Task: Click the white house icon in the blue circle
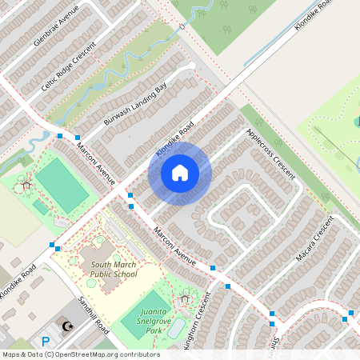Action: pyautogui.click(x=179, y=172)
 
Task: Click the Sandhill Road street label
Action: pyautogui.click(x=90, y=315)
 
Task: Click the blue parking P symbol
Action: pyautogui.click(x=46, y=341)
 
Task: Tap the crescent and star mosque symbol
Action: pyautogui.click(x=67, y=326)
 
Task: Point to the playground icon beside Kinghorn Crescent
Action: pyautogui.click(x=186, y=298)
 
